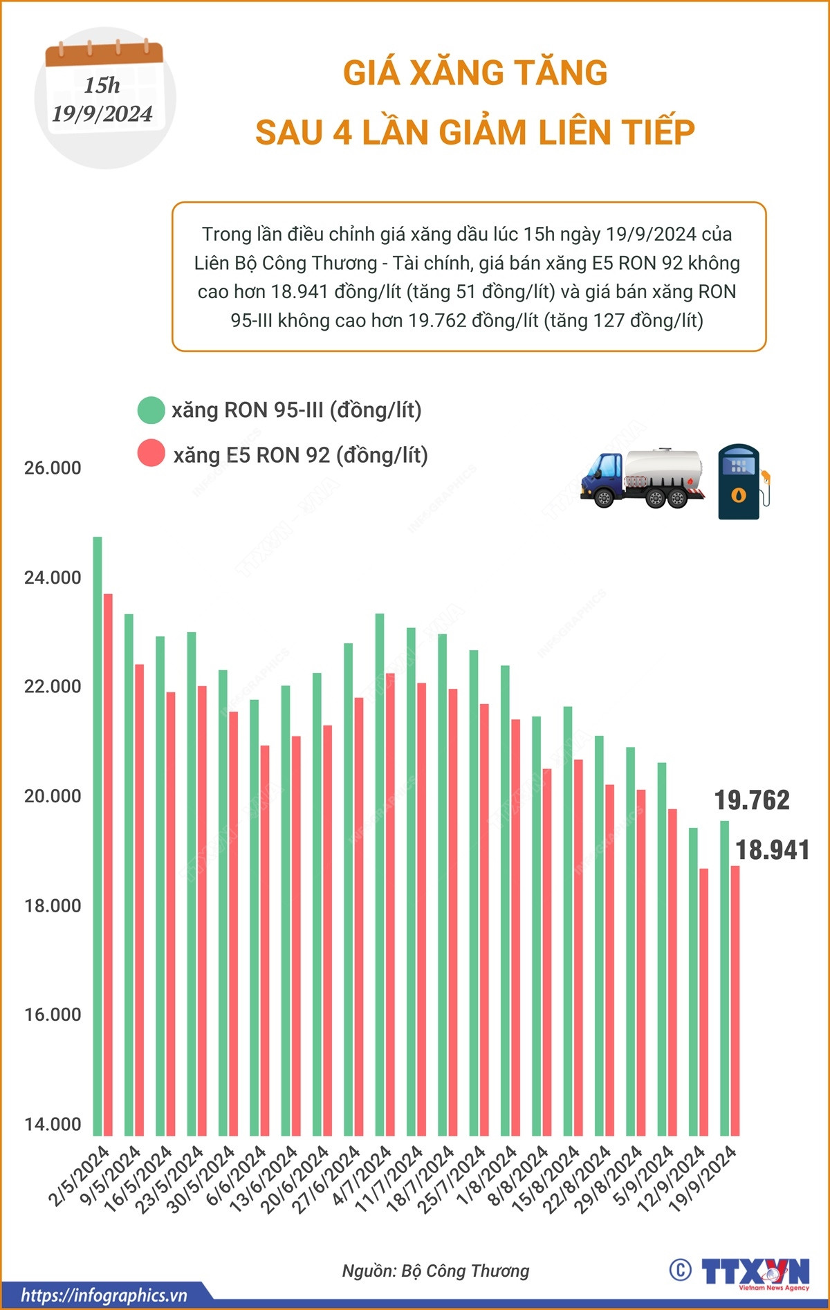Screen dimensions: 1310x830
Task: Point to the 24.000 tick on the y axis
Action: (53, 578)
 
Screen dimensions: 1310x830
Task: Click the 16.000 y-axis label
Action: (53, 1015)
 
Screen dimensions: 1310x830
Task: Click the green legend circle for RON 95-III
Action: (151, 410)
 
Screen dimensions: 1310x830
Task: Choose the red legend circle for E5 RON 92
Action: (151, 454)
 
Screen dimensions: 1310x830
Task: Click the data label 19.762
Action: (752, 800)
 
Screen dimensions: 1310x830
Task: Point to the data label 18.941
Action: (773, 850)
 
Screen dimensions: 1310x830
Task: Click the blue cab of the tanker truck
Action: (602, 474)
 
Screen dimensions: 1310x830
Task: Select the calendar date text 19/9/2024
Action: (102, 113)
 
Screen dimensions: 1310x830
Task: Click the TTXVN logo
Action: (755, 1271)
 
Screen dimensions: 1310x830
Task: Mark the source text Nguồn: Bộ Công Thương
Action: (436, 1271)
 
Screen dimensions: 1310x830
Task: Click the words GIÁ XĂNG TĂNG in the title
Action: (475, 73)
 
